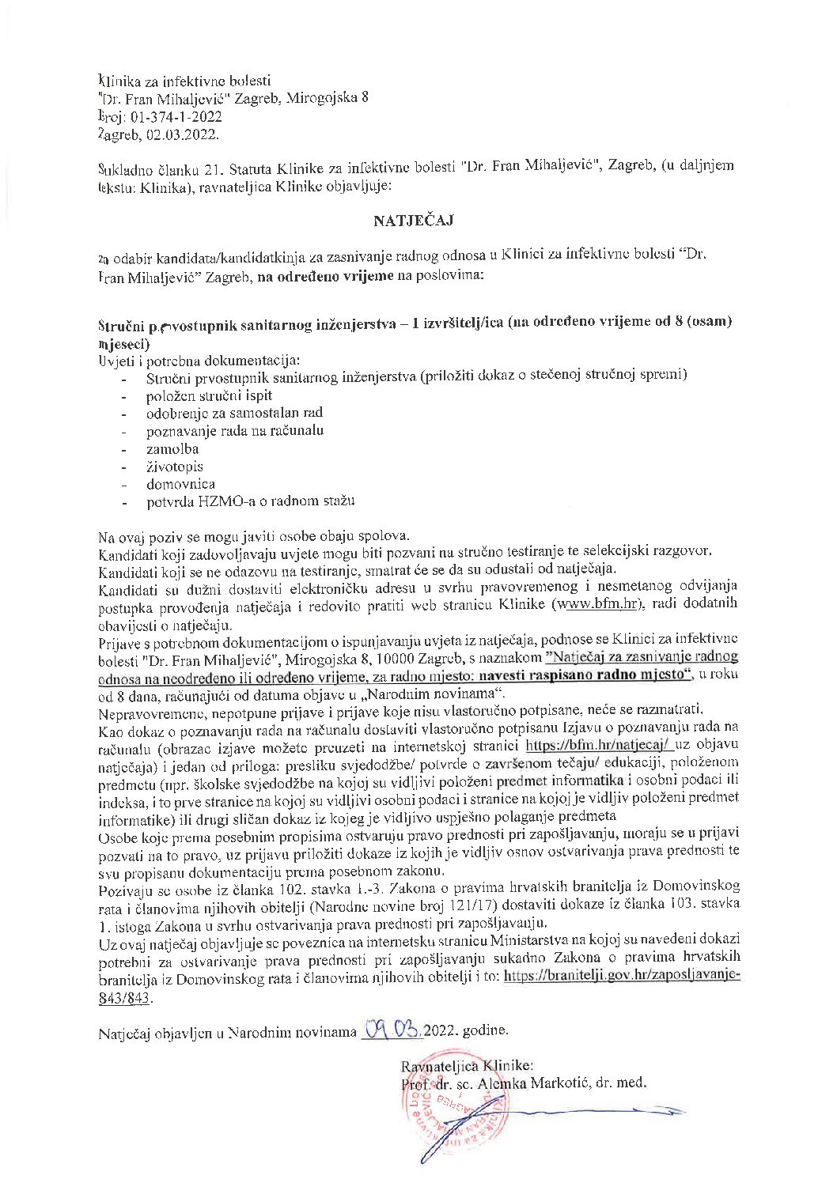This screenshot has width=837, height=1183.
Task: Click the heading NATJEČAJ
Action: [413, 221]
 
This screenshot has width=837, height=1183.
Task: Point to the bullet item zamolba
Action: [172, 448]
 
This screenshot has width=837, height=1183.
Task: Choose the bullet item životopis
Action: [174, 467]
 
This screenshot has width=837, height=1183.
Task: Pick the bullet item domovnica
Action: [180, 484]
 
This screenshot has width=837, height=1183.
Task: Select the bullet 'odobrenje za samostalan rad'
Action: [234, 413]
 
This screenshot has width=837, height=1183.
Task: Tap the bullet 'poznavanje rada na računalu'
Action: [234, 431]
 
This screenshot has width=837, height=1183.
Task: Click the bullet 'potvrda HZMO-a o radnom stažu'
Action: [250, 501]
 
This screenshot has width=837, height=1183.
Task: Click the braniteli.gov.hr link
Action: [621, 976]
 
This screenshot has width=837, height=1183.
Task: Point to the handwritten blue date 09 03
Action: [392, 1030]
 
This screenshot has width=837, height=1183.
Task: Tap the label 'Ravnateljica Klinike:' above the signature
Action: [467, 1065]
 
